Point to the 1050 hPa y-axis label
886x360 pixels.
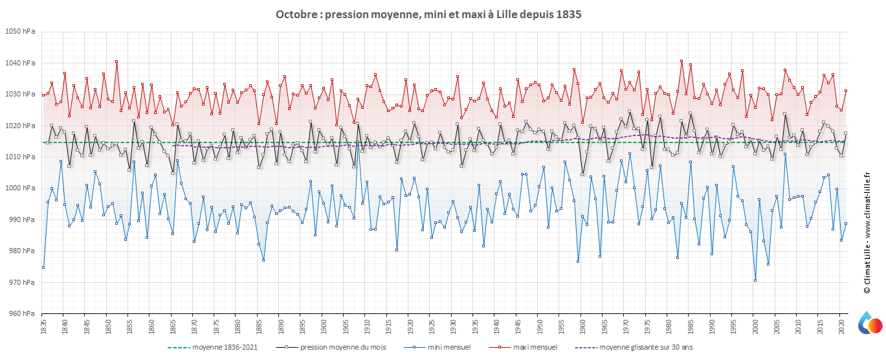pyautogui.click(x=21, y=32)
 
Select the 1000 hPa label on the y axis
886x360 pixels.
pyautogui.click(x=21, y=188)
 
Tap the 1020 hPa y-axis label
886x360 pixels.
pyautogui.click(x=21, y=126)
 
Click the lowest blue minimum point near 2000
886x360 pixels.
pyautogui.click(x=755, y=280)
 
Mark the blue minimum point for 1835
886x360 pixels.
pyautogui.click(x=43, y=267)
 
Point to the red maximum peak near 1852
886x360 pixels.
pyautogui.click(x=116, y=62)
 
